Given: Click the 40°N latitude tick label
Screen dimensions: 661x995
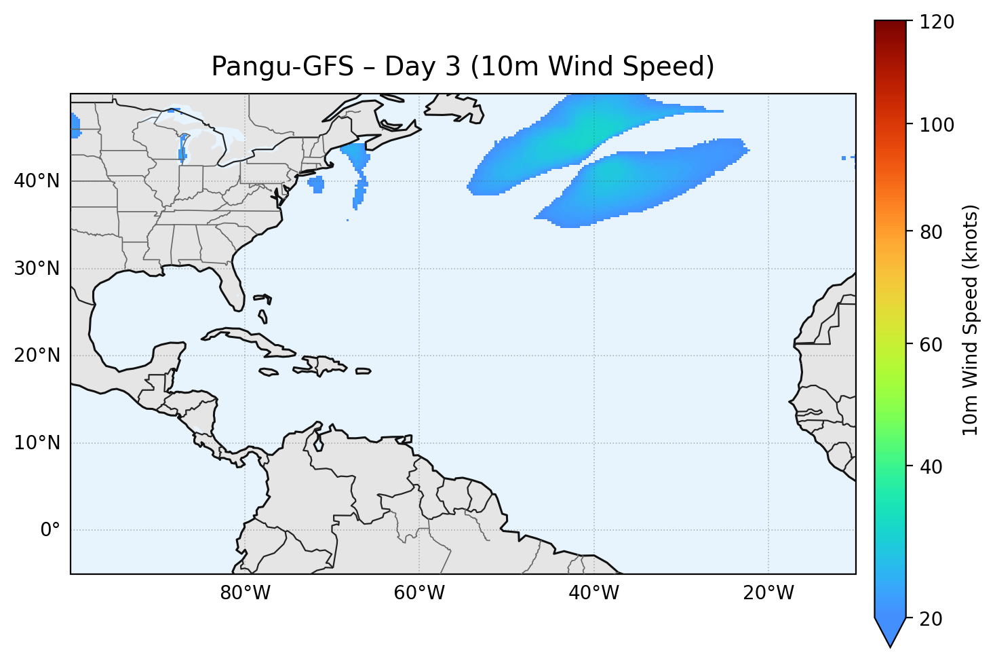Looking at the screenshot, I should coord(37,181).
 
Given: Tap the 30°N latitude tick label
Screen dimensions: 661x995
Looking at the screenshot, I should coord(37,269).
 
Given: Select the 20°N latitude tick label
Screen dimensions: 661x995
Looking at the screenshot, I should coord(37,356).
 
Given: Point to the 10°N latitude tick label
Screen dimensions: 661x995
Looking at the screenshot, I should coord(37,443).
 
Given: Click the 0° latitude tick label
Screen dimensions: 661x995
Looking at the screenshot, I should coord(50,530).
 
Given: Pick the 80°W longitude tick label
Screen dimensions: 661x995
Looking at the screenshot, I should coord(245,593).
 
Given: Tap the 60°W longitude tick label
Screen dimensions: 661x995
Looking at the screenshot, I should coord(419,593).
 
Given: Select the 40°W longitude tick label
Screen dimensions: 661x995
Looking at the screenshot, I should coord(593,593).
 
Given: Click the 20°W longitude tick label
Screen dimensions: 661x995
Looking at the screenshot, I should coord(768,593).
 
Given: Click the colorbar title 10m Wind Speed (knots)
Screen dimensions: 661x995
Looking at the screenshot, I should coord(971,320).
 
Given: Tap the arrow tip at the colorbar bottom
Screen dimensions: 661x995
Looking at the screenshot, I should coord(890,643).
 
